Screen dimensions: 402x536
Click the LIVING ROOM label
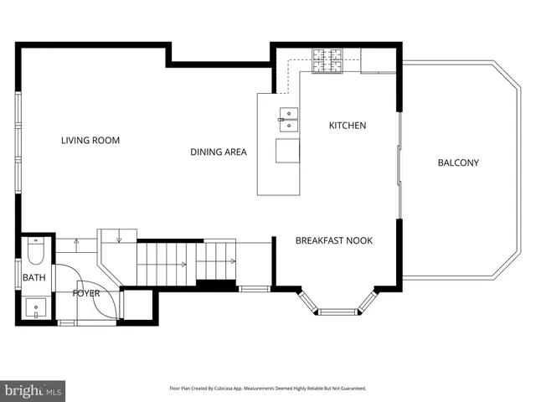click(x=90, y=141)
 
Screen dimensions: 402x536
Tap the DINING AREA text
click(x=218, y=152)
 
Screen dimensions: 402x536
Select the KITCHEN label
click(x=347, y=126)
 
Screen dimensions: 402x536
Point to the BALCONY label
click(x=458, y=162)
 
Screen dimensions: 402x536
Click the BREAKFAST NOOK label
click(x=333, y=240)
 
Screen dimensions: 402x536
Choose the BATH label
click(x=33, y=277)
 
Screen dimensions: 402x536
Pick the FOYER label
click(x=86, y=293)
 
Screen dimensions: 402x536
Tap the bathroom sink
click(x=36, y=307)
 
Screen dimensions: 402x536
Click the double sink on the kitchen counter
click(x=288, y=118)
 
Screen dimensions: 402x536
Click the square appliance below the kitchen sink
click(x=288, y=151)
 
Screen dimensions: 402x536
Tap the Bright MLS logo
click(x=33, y=390)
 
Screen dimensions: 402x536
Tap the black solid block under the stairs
click(x=216, y=286)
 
